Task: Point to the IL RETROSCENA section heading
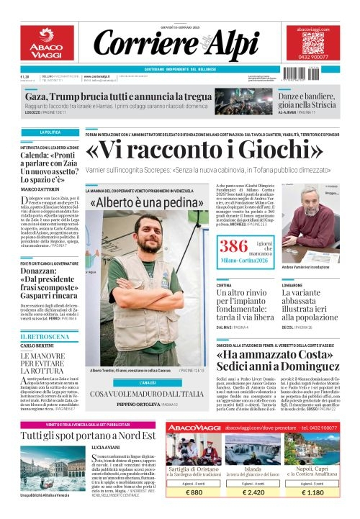(x=45, y=336)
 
